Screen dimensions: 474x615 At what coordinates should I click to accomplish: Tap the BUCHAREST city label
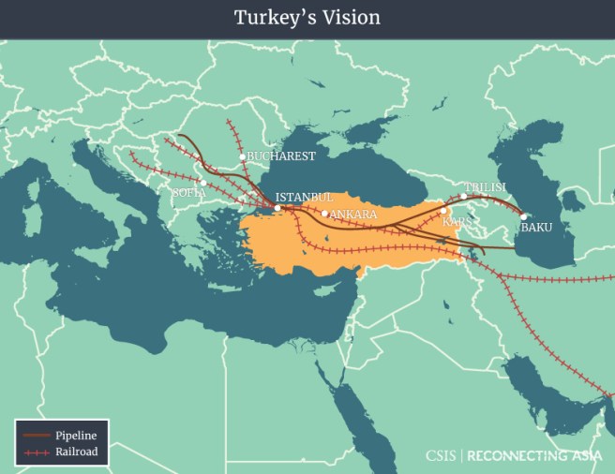click(281, 156)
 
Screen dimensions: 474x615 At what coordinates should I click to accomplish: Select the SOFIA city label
click(188, 192)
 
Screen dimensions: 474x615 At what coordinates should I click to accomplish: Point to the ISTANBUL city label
click(304, 198)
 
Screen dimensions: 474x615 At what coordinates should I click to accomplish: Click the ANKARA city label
click(353, 215)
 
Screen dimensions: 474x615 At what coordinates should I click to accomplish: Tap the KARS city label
click(457, 222)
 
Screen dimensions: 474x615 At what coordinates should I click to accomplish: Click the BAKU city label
click(536, 227)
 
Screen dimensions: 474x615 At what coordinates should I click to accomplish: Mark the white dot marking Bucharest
click(242, 156)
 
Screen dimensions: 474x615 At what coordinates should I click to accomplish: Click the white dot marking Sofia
click(202, 183)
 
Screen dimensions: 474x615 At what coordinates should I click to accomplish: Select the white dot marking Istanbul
click(277, 208)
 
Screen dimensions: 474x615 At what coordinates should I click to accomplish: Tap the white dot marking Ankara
click(324, 214)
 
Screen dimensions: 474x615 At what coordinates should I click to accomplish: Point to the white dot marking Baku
click(523, 216)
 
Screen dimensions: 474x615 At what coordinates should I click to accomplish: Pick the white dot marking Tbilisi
click(463, 196)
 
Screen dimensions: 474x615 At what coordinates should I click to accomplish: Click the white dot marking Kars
click(443, 211)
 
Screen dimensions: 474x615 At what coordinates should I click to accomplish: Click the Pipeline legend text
click(76, 436)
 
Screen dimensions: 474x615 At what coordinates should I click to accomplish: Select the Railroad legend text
click(76, 452)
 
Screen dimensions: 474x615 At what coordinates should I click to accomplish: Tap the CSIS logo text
click(440, 456)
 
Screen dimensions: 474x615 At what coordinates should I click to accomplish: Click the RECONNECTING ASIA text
click(533, 456)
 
